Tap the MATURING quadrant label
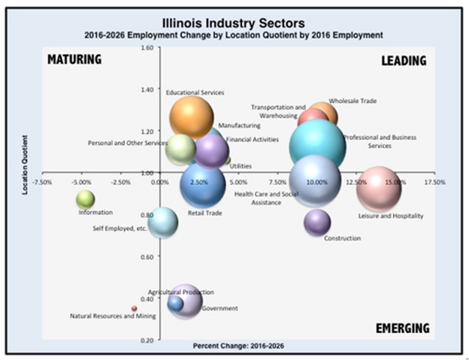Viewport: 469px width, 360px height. (74, 59)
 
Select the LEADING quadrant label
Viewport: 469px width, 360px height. (403, 60)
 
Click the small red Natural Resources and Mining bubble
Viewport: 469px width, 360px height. (135, 308)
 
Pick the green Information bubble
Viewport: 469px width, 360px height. (86, 199)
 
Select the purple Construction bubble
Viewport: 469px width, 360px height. (317, 222)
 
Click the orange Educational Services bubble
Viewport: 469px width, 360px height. (193, 116)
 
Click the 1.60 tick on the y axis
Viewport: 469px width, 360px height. (147, 47)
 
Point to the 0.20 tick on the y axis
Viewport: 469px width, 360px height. (147, 340)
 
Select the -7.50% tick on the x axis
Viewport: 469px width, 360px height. (42, 182)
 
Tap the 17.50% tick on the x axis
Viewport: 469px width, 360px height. (434, 182)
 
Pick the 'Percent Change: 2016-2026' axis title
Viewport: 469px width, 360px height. (238, 346)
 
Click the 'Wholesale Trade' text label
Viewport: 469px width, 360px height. (353, 100)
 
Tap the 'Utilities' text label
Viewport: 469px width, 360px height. (241, 166)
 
